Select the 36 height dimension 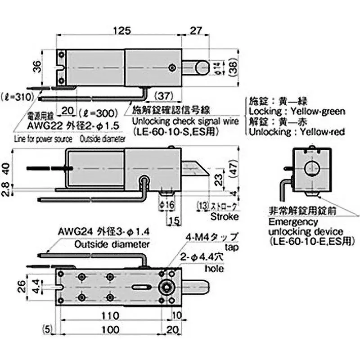click(x=38, y=67)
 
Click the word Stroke click(x=224, y=216)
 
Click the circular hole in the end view click(x=311, y=169)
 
